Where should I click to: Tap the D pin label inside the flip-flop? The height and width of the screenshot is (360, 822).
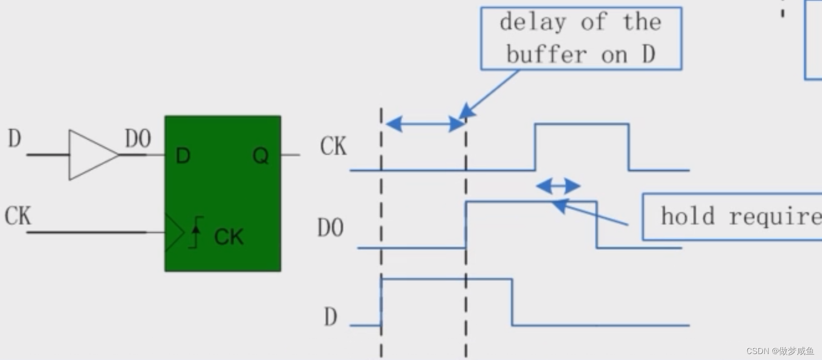[183, 156]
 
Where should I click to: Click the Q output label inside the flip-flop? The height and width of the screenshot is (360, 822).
[260, 156]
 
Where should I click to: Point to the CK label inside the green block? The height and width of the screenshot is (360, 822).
[229, 237]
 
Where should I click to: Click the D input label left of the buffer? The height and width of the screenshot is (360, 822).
[14, 139]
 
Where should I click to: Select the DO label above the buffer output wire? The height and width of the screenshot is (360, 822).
[138, 139]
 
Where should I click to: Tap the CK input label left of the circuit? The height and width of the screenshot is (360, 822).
[17, 216]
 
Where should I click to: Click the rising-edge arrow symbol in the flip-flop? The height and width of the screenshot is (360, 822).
[196, 232]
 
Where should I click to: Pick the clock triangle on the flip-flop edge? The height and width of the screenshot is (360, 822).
[174, 232]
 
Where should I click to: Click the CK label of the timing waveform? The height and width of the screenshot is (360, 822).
[333, 147]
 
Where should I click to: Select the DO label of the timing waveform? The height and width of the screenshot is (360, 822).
[330, 228]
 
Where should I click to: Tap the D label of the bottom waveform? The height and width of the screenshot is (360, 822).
[330, 317]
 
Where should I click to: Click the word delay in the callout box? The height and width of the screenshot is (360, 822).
[533, 22]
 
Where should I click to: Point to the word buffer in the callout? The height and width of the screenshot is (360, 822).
[547, 54]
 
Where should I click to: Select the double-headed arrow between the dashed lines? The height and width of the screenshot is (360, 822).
[425, 124]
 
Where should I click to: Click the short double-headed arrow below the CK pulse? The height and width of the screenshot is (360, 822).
[558, 186]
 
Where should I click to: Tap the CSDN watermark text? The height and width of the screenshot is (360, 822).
[780, 351]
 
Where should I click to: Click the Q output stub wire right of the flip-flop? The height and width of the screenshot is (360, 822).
[291, 155]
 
